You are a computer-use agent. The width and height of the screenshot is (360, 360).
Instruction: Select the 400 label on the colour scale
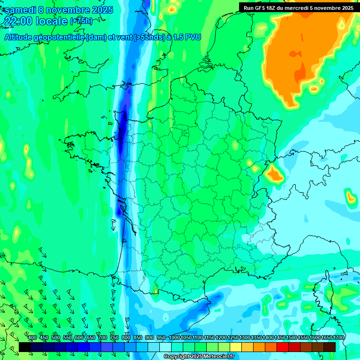32,338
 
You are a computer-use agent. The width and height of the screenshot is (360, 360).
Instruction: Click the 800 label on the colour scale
126,338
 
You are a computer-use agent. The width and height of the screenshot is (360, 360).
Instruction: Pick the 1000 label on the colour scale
174,338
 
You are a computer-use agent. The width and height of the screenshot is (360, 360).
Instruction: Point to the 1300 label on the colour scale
244,338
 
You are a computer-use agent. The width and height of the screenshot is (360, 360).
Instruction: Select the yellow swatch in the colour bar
236,347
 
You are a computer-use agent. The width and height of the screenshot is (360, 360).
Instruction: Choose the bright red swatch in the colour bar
283,347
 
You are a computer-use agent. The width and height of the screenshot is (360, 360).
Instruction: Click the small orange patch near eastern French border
274,174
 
